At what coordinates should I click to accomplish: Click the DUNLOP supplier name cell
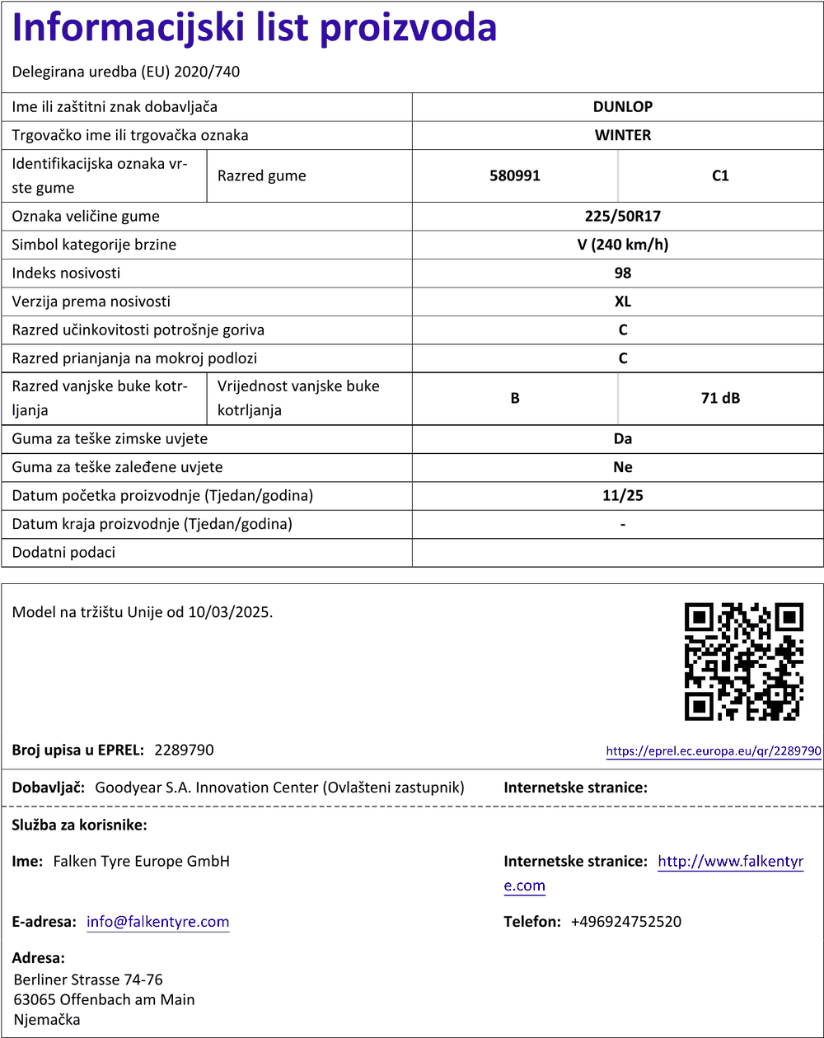tap(622, 106)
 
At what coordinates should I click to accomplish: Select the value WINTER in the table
tap(622, 135)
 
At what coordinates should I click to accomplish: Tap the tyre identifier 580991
tap(514, 175)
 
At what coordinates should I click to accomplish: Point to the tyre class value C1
tap(720, 175)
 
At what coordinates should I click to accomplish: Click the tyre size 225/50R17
tap(622, 217)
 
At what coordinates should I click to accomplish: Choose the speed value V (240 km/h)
tap(622, 245)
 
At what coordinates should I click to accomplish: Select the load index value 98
tap(622, 273)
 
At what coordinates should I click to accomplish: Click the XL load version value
tap(622, 302)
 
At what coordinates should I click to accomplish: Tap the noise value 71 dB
tap(720, 399)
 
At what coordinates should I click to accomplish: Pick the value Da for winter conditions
tap(622, 439)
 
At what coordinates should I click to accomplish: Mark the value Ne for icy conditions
tap(622, 467)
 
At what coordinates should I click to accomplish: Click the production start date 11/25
tap(622, 496)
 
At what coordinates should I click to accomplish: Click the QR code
tap(744, 662)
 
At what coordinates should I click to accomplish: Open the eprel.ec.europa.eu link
tap(714, 751)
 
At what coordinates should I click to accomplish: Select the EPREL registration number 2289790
tap(184, 750)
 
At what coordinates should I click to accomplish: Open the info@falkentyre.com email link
tap(158, 922)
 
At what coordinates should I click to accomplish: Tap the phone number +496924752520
tap(625, 922)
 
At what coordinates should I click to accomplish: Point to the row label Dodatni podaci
tap(63, 553)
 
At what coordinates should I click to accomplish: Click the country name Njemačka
tap(47, 1020)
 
